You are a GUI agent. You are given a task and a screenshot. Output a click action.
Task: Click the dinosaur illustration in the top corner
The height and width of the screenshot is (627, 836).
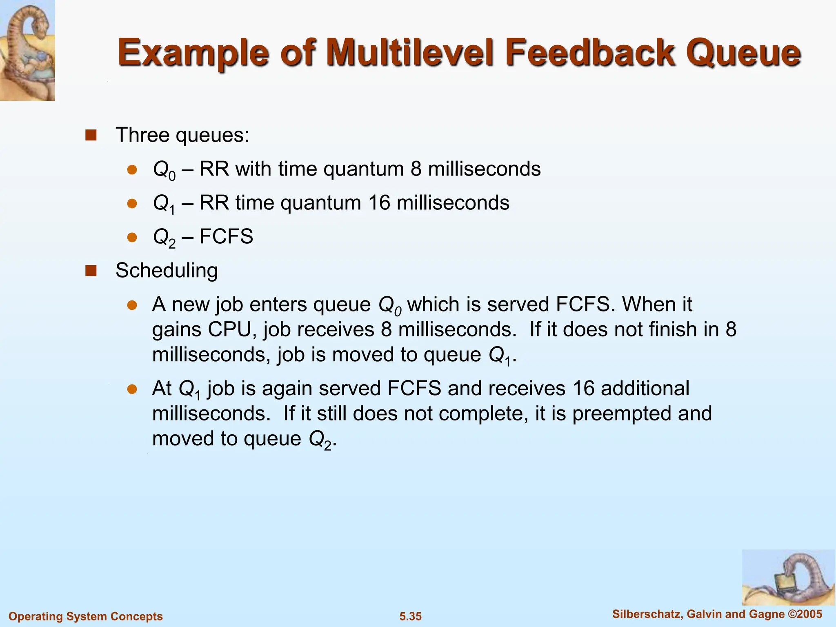[27, 50]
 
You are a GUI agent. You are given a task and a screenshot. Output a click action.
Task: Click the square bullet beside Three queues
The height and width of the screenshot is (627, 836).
[91, 135]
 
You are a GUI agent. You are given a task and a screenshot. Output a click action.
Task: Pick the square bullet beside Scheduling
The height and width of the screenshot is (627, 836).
[91, 271]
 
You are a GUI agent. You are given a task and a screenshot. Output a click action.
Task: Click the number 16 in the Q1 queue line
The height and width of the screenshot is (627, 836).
[379, 203]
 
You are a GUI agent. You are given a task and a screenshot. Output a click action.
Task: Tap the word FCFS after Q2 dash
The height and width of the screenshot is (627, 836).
[227, 236]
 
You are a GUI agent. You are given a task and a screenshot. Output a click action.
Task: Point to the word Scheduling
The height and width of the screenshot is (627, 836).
[167, 271]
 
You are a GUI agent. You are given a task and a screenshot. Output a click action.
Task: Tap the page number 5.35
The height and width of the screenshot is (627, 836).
[410, 616]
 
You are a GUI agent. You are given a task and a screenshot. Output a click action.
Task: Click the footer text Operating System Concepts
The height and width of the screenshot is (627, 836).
[86, 616]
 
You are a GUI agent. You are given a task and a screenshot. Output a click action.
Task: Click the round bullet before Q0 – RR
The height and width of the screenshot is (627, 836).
[132, 169]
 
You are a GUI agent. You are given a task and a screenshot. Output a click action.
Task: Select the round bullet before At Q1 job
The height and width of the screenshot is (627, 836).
[132, 389]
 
